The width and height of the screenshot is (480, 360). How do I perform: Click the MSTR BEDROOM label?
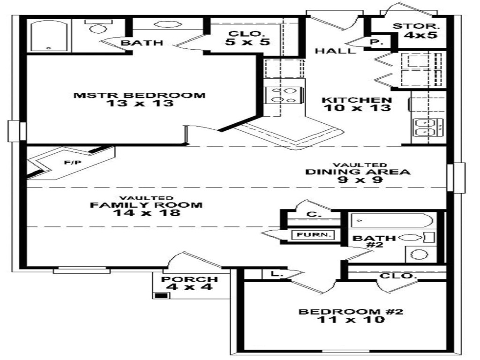(x=139, y=95)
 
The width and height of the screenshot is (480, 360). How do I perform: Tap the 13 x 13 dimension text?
(x=139, y=104)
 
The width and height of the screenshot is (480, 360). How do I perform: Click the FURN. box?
(x=313, y=235)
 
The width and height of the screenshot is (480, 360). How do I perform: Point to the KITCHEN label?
(x=357, y=100)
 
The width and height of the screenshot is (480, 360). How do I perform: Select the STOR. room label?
(x=416, y=27)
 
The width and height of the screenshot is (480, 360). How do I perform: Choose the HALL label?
(x=335, y=51)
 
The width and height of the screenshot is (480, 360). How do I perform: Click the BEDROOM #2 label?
(x=352, y=312)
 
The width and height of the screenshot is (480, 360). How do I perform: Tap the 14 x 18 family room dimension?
(x=146, y=213)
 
